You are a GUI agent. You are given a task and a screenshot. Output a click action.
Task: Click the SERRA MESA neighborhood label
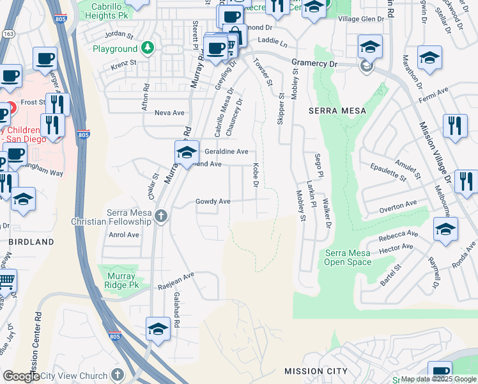[337, 111]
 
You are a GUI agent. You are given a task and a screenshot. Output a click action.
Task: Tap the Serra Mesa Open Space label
[348, 258]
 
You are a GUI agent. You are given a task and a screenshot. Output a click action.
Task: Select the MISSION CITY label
[316, 371]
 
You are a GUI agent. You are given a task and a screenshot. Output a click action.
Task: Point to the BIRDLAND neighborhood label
[31, 242]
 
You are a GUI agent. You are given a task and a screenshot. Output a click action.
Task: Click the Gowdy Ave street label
[213, 201]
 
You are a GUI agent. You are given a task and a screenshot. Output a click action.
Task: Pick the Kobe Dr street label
[255, 175]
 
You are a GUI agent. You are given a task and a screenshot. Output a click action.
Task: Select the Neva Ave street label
[169, 113]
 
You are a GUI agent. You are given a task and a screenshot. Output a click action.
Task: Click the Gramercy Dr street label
[314, 63]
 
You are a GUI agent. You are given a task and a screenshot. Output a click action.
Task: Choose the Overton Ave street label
[397, 206]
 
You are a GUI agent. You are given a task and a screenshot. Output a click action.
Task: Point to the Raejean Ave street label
[176, 282]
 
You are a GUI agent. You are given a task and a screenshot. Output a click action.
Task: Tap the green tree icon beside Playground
[148, 48]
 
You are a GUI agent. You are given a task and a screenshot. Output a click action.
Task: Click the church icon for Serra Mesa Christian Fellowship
[160, 217]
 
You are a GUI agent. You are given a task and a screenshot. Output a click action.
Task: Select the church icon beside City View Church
[117, 374]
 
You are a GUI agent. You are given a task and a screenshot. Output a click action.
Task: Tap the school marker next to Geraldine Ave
[186, 152]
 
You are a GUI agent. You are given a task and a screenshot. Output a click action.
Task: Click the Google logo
[21, 376]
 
